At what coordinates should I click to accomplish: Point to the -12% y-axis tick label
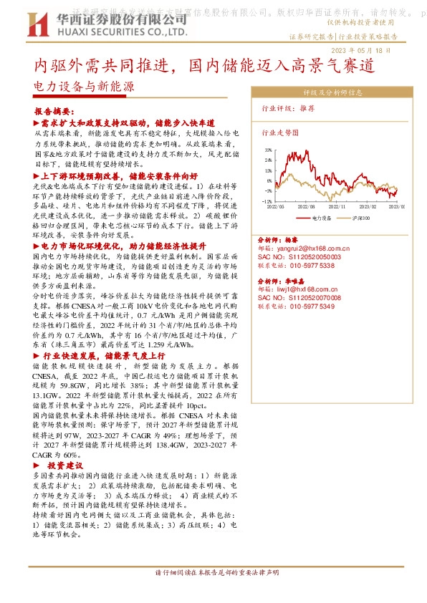[268, 201]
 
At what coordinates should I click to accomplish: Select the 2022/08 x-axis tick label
[307, 206]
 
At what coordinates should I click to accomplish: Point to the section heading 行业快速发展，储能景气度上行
[104, 355]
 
